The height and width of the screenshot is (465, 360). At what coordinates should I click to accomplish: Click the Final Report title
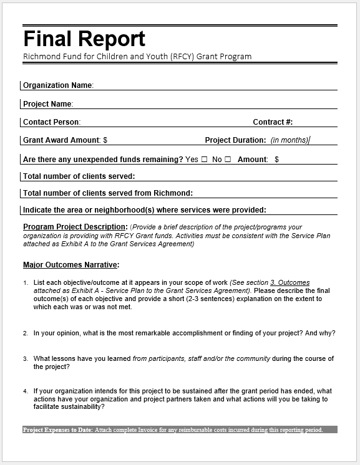click(84, 39)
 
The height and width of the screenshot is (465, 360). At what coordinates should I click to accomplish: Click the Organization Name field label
click(58, 85)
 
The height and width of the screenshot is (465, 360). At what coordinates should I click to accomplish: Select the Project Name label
click(48, 104)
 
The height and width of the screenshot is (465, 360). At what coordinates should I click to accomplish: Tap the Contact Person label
click(52, 122)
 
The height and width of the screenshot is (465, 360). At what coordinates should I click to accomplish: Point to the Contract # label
click(273, 122)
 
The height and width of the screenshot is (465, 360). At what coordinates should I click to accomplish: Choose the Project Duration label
click(235, 140)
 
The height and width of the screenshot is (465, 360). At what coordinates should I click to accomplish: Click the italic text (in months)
click(289, 140)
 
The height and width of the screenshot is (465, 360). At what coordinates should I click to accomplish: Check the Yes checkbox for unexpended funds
click(204, 160)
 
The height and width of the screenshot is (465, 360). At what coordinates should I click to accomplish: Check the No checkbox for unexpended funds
click(228, 160)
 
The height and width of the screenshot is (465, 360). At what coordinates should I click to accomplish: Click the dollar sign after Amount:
click(276, 160)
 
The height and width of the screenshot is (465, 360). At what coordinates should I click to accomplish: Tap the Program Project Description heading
click(75, 227)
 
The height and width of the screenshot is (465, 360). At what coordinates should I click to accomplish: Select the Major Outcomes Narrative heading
click(71, 265)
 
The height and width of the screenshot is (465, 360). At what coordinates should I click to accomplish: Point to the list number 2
click(26, 333)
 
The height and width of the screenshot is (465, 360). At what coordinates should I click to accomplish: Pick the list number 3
click(26, 359)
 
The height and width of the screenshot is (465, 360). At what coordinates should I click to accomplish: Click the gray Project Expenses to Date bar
click(180, 430)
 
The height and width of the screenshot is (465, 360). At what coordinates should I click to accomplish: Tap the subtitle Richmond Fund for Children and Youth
click(137, 57)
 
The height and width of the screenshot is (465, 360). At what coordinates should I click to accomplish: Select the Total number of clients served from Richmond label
click(108, 193)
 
